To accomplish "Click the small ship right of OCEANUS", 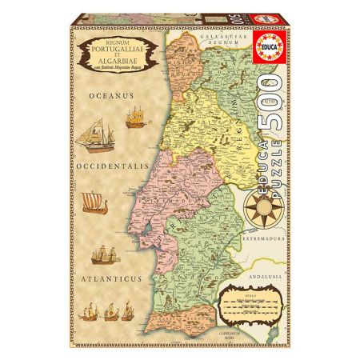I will pyautogui.click(x=138, y=118).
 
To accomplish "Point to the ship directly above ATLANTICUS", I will pyautogui.click(x=108, y=254).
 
